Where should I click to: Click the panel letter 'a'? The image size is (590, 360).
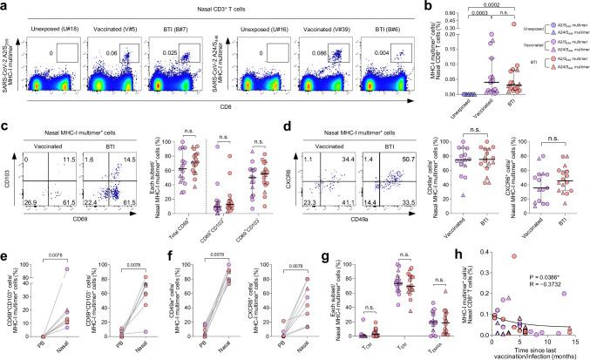click(5, 5)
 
